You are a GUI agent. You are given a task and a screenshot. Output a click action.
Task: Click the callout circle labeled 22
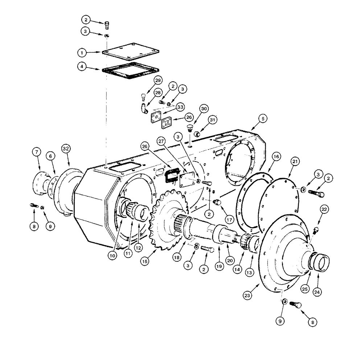(x=324, y=209)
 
